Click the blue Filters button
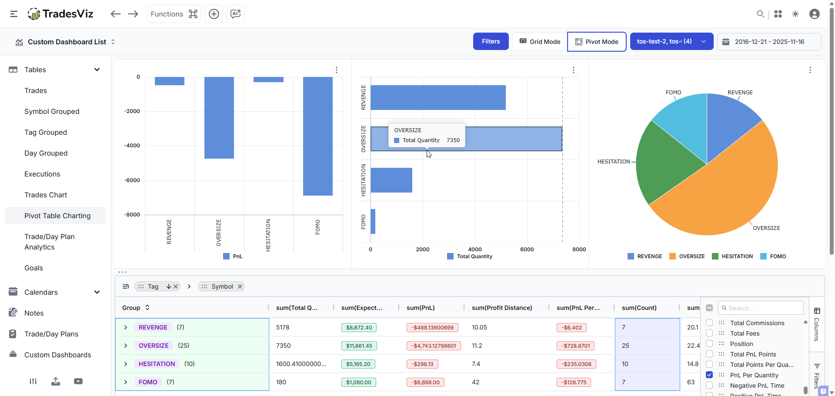coord(491,42)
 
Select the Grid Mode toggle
coord(540,42)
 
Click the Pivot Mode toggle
coord(597,42)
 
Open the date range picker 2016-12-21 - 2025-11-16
coord(769,42)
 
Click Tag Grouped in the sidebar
coord(46,132)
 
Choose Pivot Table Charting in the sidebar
coord(57,216)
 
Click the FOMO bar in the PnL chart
coord(317,136)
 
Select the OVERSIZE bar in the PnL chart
coord(219,117)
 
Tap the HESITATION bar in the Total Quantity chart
coord(391,180)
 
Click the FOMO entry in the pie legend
coord(778,256)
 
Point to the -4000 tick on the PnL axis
coord(132,146)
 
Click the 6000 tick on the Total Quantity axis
coord(527,250)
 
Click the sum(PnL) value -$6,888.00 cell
coord(425,383)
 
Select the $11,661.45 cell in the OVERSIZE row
coord(359,346)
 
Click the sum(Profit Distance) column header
coord(502,308)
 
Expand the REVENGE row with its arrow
coord(126,327)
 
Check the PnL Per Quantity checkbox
coord(709,375)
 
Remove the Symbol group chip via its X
coord(240,286)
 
